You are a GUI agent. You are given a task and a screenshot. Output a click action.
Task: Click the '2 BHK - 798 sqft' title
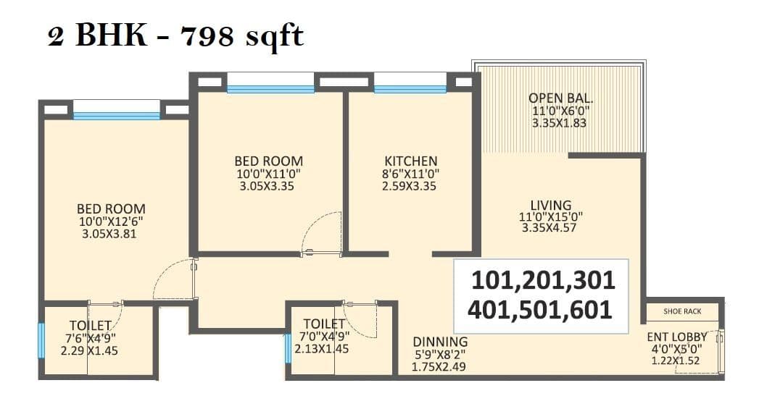(x=175, y=36)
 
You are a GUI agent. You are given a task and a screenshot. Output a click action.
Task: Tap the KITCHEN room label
(x=410, y=161)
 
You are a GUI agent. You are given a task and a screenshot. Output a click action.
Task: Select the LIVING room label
(x=550, y=205)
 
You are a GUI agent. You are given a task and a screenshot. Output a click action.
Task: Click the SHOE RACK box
(x=682, y=311)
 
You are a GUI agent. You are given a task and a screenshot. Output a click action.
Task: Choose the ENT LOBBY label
(x=676, y=337)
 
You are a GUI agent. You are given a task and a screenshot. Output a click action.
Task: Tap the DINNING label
(x=440, y=342)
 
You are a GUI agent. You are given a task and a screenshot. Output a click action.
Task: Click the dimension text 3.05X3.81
(x=111, y=234)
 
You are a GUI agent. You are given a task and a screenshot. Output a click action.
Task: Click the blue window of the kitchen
(x=410, y=89)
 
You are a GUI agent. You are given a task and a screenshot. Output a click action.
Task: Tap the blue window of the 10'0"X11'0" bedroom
(x=270, y=89)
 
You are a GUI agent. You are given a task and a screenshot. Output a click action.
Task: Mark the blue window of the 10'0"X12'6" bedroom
(x=116, y=115)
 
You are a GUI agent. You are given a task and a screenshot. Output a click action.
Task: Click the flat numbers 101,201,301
(x=542, y=280)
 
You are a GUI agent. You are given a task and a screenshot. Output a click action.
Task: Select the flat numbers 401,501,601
(x=540, y=310)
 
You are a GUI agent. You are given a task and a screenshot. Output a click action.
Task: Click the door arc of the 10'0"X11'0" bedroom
(x=322, y=233)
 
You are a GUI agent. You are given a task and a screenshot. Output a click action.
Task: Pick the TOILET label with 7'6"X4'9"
(x=90, y=325)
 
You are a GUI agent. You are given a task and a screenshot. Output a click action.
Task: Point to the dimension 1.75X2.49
(x=438, y=366)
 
